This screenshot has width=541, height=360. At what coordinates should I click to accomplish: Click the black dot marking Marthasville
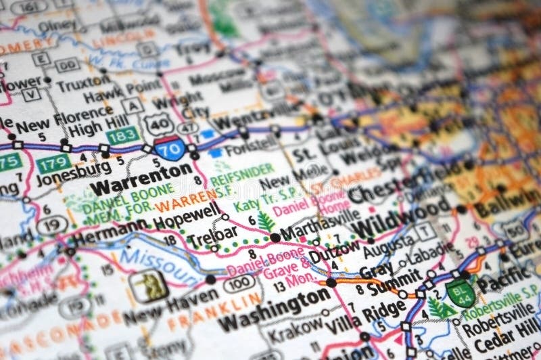coord(275,238)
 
